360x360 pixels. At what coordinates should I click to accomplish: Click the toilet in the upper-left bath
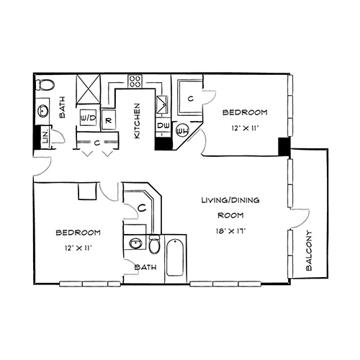[45, 85]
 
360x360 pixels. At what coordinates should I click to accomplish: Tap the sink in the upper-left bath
[43, 111]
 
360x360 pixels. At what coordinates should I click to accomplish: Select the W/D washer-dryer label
[88, 118]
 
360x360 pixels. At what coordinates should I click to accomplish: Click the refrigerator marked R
[109, 120]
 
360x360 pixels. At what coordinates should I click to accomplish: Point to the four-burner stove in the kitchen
[135, 81]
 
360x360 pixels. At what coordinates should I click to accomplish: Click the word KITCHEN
[137, 121]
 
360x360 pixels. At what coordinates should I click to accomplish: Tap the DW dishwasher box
[163, 125]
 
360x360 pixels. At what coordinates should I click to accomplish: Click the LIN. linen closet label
[45, 138]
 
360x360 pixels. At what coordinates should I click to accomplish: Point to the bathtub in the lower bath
[175, 258]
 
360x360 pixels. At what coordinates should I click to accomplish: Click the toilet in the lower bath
[154, 244]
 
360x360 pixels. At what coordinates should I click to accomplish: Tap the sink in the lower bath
[135, 243]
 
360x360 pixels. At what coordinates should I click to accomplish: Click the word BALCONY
[309, 251]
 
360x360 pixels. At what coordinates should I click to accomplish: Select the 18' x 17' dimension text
[230, 232]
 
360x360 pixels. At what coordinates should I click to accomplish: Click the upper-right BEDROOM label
[245, 112]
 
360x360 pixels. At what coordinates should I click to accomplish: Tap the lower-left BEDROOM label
[78, 233]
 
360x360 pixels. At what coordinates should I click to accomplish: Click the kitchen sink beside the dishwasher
[162, 104]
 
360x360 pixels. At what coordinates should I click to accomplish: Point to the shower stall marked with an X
[88, 89]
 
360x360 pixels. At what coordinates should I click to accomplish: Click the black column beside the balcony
[284, 146]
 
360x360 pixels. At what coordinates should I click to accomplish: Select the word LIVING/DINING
[230, 200]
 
